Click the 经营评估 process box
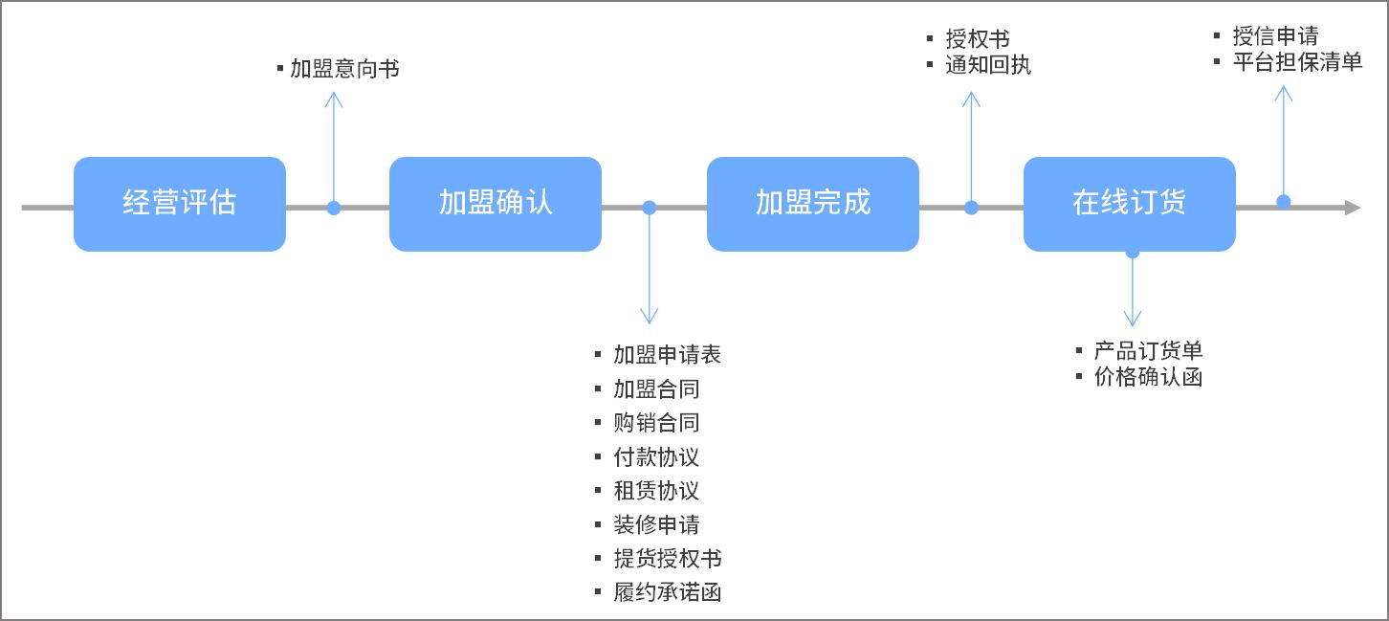180,204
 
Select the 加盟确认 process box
496,204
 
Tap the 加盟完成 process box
813,204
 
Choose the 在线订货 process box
1130,204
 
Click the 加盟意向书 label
344,69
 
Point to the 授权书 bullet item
978,39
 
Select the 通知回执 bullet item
988,65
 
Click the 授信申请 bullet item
1275,36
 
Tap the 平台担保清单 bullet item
1297,62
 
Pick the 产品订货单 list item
1148,351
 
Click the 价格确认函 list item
1148,377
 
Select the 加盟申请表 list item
667,355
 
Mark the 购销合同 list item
656,423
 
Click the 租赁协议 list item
656,491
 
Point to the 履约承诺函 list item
667,592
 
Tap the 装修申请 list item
656,524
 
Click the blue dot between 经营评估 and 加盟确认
334,208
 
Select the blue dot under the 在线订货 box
1133,253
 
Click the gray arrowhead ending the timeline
1352,208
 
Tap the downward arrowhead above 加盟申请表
650,317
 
